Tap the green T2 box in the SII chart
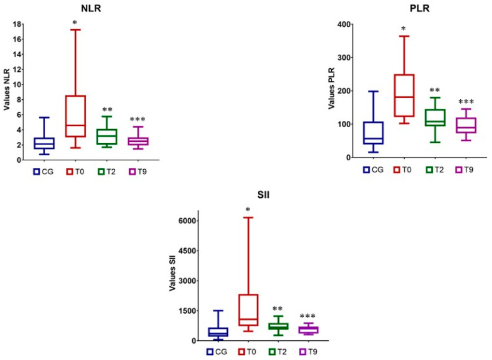[278, 326]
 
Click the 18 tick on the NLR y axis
[19, 24]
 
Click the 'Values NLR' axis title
[7, 89]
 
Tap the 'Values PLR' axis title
[332, 89]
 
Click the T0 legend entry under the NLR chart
[76, 170]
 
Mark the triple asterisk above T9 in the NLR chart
[137, 119]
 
